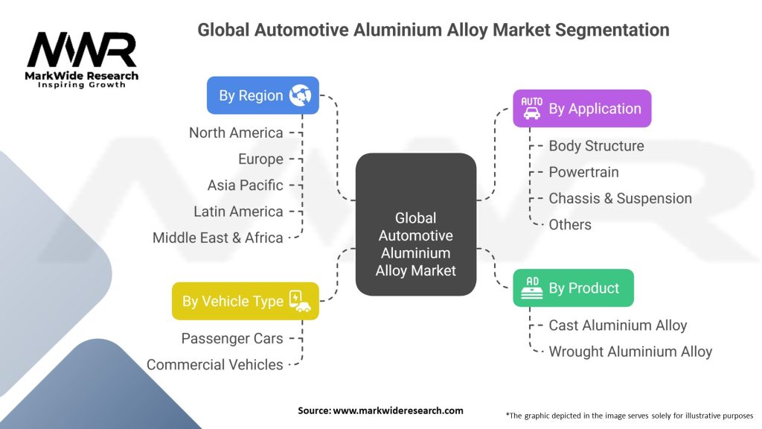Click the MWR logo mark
pyautogui.click(x=82, y=50)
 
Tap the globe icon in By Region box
pyautogui.click(x=301, y=95)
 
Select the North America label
pyautogui.click(x=236, y=133)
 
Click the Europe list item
pyautogui.click(x=260, y=159)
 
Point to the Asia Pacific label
pyautogui.click(x=245, y=185)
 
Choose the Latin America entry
pyautogui.click(x=238, y=212)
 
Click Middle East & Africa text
pyautogui.click(x=218, y=238)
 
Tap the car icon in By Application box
pyautogui.click(x=531, y=109)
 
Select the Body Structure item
pyautogui.click(x=596, y=146)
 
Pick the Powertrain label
pyautogui.click(x=583, y=172)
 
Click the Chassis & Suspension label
pyautogui.click(x=620, y=198)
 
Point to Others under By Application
pyautogui.click(x=570, y=225)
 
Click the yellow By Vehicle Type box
pyautogui.click(x=246, y=301)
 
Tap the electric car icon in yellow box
pyautogui.click(x=300, y=301)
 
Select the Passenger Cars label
pyautogui.click(x=232, y=339)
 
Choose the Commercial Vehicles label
pyautogui.click(x=215, y=365)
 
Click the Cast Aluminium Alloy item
pyautogui.click(x=618, y=325)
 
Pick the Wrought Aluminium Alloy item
pyautogui.click(x=630, y=352)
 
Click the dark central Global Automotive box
pyautogui.click(x=416, y=224)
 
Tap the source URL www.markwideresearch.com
pyautogui.click(x=398, y=410)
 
